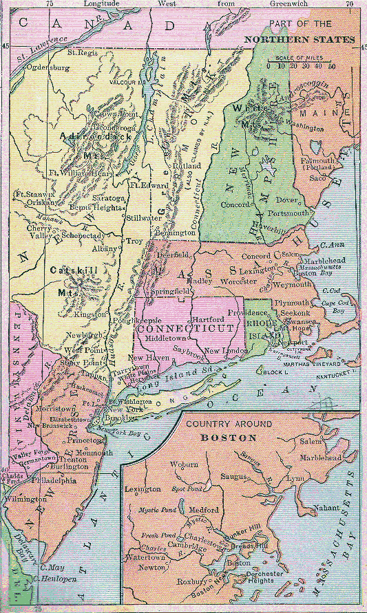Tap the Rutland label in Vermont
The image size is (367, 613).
(187, 166)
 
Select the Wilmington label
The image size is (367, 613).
(25, 498)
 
